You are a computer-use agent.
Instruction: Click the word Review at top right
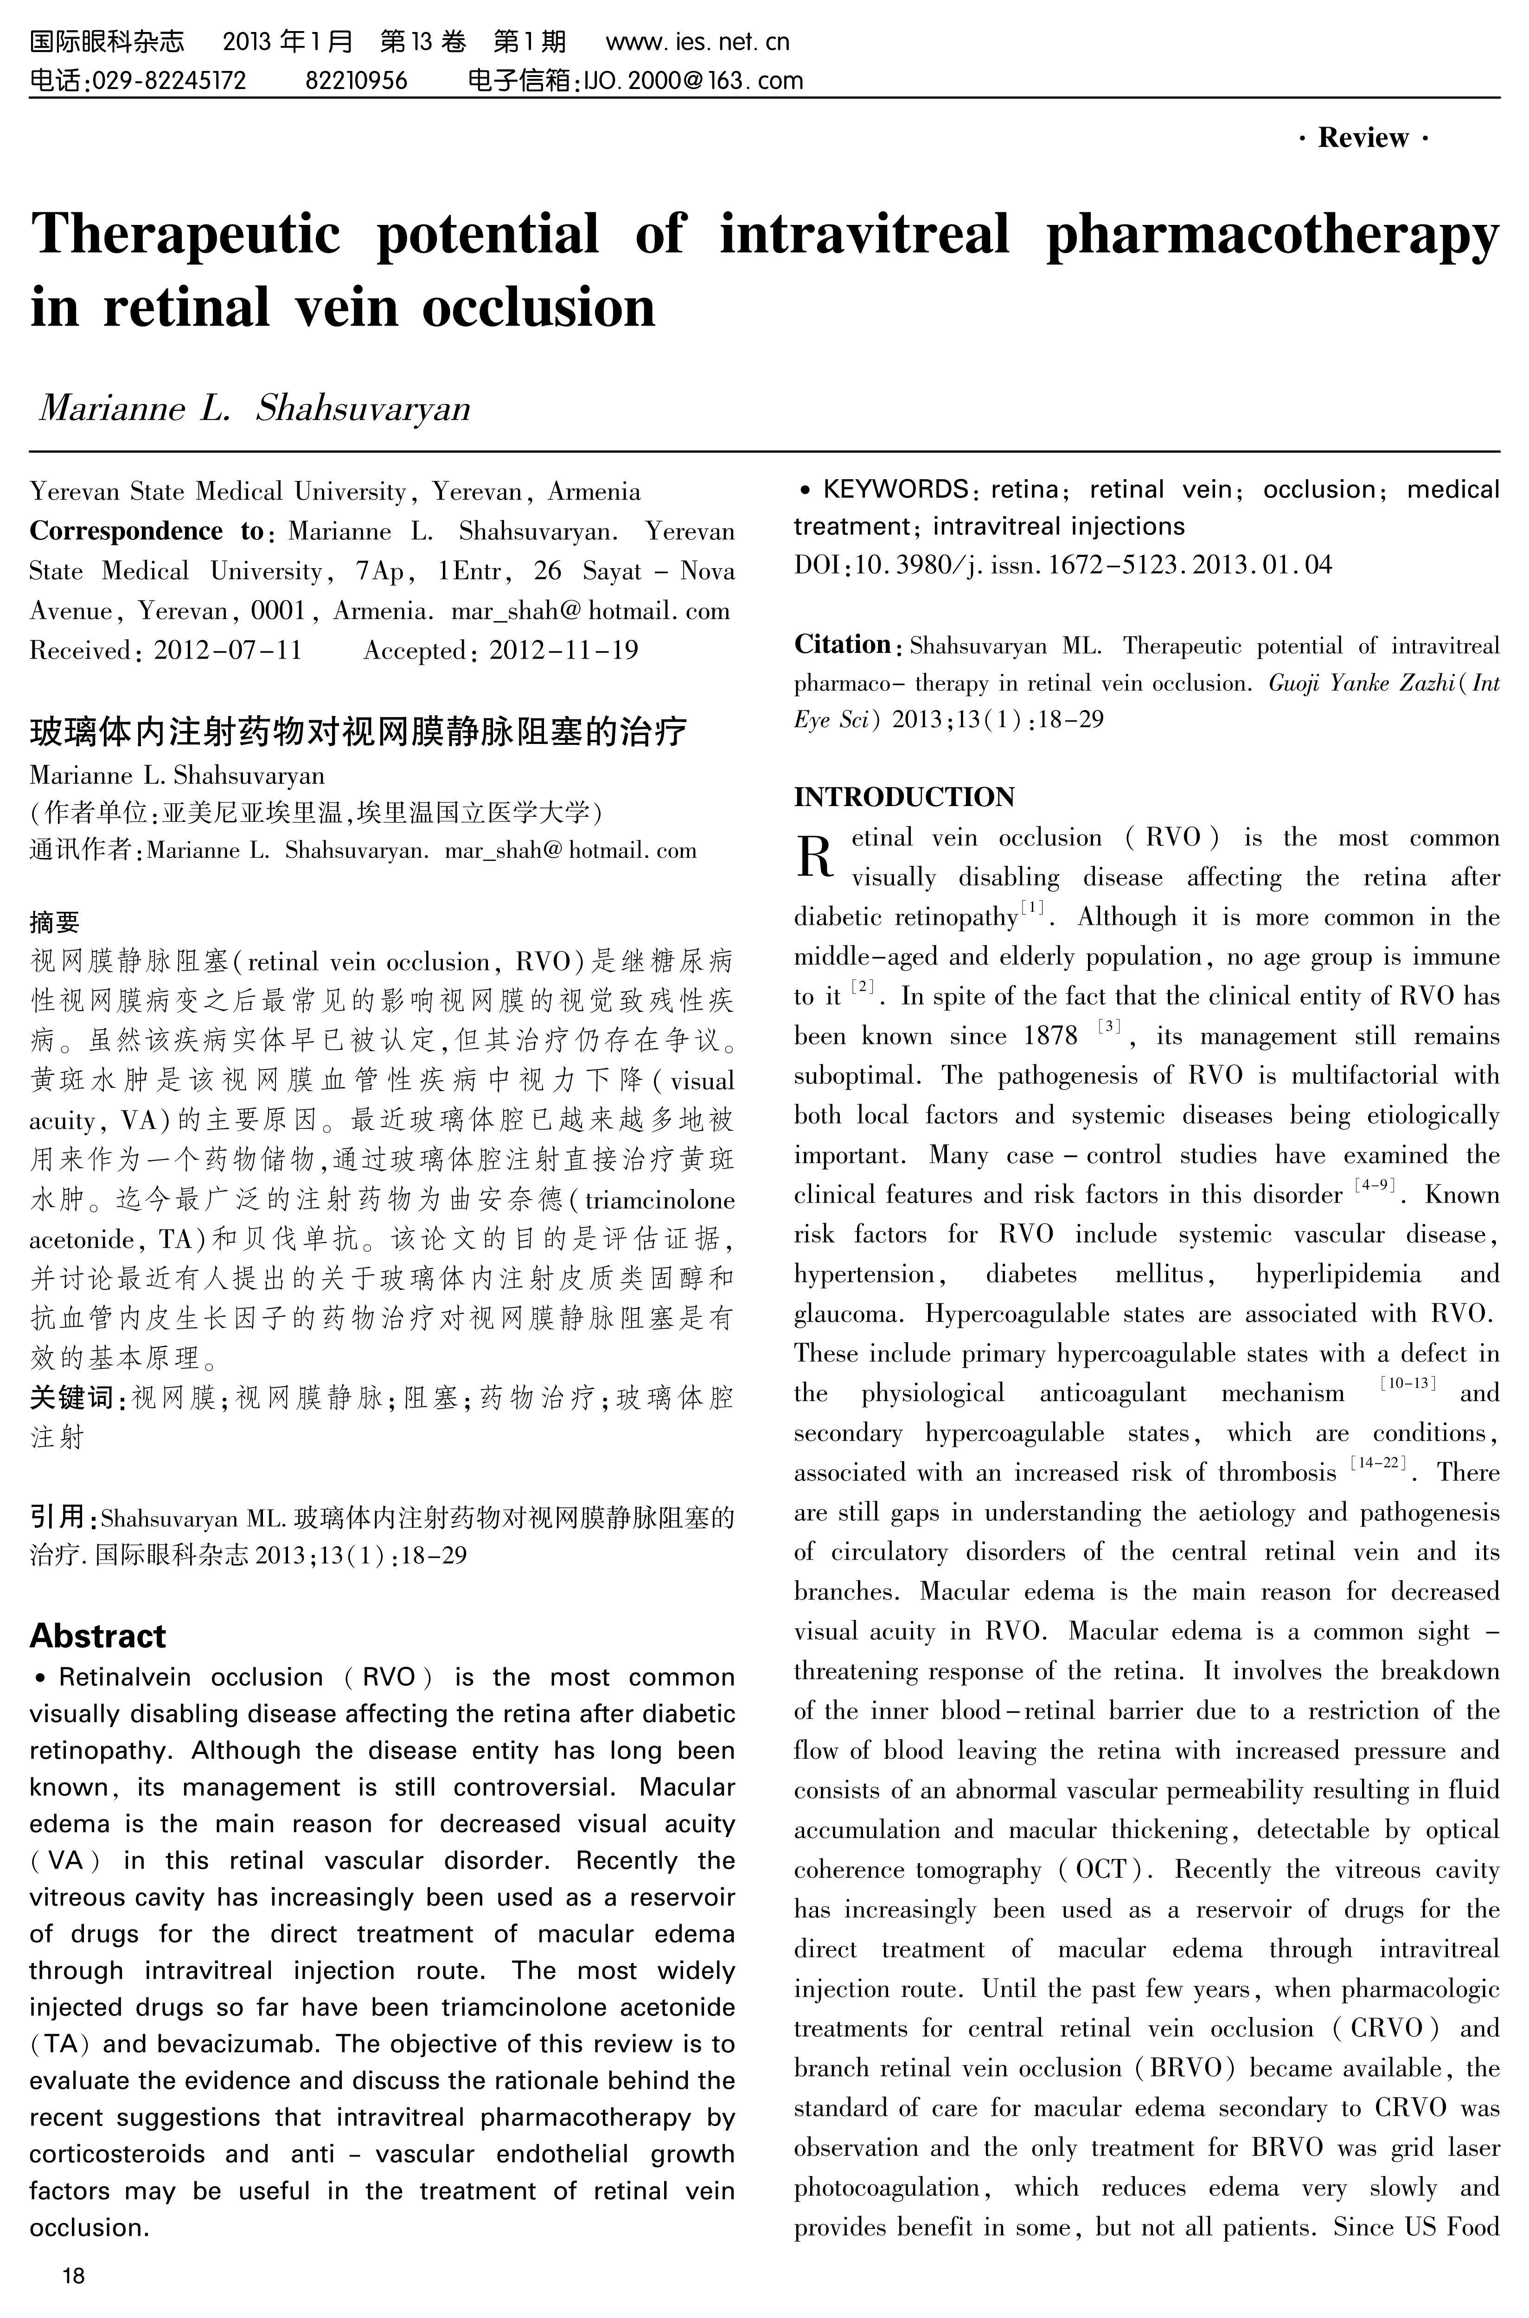point(1363,137)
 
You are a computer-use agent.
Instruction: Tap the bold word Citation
point(842,645)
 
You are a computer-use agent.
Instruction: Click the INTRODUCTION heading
point(904,797)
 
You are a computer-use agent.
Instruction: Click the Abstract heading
point(97,1635)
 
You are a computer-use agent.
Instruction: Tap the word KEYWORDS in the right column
point(894,490)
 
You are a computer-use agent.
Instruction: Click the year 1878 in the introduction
point(1050,1036)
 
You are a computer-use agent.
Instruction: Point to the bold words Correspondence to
point(146,531)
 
